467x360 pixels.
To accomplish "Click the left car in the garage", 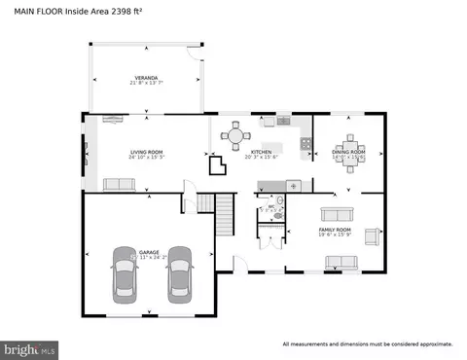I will coord(125,273).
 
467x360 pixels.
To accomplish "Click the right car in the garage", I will coord(179,273).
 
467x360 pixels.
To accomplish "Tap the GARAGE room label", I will coord(149,252).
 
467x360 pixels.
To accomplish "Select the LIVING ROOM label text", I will coord(146,152).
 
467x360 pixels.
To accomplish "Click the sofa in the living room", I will coord(119,184).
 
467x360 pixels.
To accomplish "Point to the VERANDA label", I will coord(146,77).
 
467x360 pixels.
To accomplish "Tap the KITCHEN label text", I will coord(261,152).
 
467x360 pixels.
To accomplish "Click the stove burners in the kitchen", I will coord(305,144).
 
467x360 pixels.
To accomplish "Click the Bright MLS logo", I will coord(30,346).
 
